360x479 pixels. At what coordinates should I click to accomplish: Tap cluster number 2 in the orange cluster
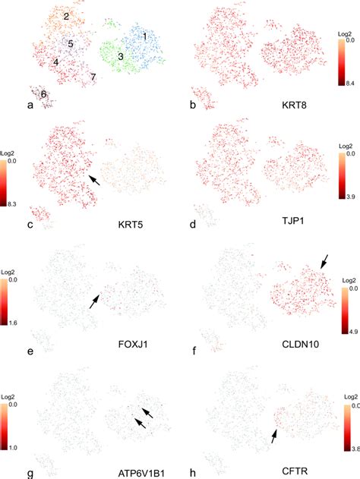67,16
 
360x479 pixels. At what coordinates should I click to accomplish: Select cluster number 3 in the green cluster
120,57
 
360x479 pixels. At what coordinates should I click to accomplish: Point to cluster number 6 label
44,93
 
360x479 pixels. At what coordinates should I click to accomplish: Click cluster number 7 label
93,77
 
